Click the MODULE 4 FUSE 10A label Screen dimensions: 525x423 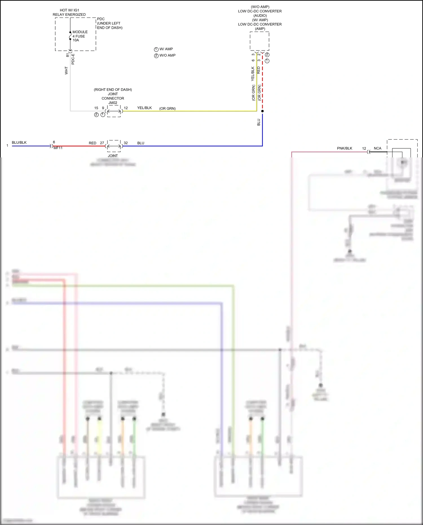pyautogui.click(x=80, y=36)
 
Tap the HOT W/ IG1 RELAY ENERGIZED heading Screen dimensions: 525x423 pyautogui.click(x=69, y=12)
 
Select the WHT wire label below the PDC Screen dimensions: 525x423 pyautogui.click(x=66, y=71)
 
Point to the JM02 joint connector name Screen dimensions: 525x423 pyautogui.click(x=113, y=103)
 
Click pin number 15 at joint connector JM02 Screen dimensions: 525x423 pyautogui.click(x=96, y=108)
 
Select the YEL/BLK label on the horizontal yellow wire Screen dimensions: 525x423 pyautogui.click(x=144, y=108)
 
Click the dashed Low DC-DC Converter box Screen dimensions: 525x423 pyautogui.click(x=259, y=41)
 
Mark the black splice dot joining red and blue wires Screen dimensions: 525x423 pyautogui.click(x=262, y=111)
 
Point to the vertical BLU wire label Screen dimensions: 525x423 pyautogui.click(x=259, y=122)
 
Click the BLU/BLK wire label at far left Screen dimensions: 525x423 pyautogui.click(x=19, y=142)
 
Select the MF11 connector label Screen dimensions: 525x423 pyautogui.click(x=58, y=148)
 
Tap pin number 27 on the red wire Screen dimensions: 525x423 pyautogui.click(x=102, y=143)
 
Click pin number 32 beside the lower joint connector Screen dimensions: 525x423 pyautogui.click(x=126, y=143)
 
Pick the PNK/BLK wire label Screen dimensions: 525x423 pyautogui.click(x=345, y=148)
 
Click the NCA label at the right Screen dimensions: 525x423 pyautogui.click(x=378, y=148)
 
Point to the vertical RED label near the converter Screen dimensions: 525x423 pyautogui.click(x=259, y=71)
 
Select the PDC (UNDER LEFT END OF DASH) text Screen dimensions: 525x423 pyautogui.click(x=110, y=23)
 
